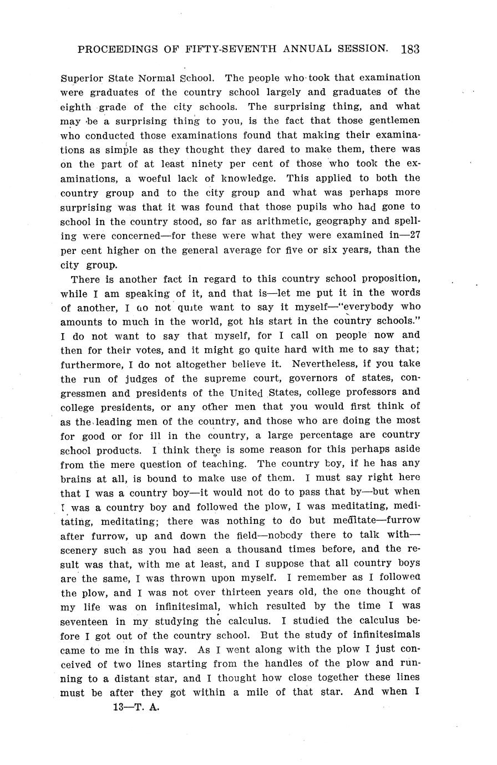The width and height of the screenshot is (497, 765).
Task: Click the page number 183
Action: pyautogui.click(x=409, y=49)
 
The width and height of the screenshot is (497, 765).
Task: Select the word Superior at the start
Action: pyautogui.click(x=79, y=78)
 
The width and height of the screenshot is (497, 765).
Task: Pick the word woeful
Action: pyautogui.click(x=159, y=178)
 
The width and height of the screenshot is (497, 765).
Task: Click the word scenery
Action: pyautogui.click(x=79, y=550)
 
